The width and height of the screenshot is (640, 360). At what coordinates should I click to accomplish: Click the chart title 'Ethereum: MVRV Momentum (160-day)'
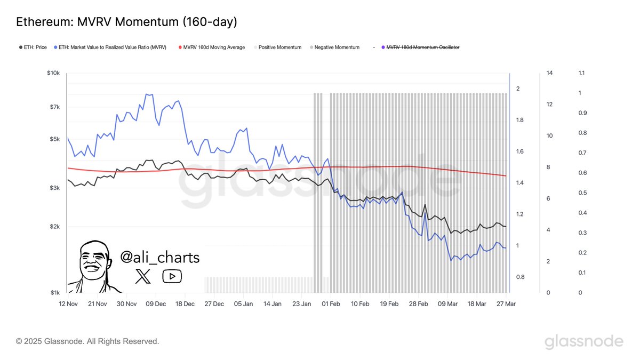click(127, 22)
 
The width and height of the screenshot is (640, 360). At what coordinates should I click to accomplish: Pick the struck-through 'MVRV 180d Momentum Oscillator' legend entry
click(422, 47)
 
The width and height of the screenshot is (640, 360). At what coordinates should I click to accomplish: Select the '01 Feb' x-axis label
click(331, 304)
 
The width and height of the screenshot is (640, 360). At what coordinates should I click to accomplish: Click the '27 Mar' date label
click(506, 304)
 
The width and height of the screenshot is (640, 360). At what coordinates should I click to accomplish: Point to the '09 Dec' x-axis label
click(156, 304)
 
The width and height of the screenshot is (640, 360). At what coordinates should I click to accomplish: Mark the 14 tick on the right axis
click(549, 73)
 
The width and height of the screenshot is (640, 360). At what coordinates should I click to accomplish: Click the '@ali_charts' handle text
click(160, 258)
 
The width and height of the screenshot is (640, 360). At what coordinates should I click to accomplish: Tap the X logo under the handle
click(143, 276)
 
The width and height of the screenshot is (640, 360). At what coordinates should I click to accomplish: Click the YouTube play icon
click(172, 276)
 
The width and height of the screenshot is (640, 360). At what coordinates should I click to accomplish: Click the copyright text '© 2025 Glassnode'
click(87, 341)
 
